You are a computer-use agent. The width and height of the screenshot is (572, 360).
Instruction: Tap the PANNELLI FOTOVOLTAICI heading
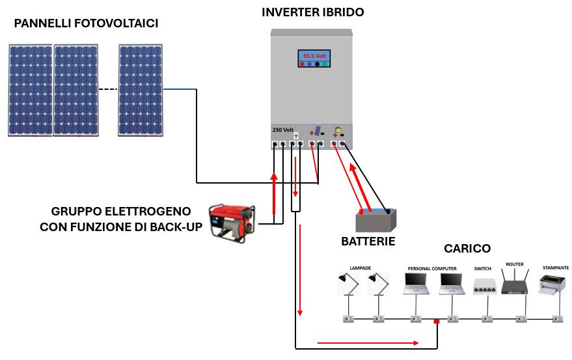87,24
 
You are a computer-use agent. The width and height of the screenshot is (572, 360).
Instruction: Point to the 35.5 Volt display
314,57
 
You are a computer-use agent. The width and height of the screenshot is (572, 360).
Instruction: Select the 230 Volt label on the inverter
283,130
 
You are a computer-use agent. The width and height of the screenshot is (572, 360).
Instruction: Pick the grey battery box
377,221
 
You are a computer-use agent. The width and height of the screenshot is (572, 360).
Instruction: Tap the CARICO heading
467,249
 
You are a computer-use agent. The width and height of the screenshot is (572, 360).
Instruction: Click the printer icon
554,284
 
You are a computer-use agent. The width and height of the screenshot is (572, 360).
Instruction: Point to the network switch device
485,286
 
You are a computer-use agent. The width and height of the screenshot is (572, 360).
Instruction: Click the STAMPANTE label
555,268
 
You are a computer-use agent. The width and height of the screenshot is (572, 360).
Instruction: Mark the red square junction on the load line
437,321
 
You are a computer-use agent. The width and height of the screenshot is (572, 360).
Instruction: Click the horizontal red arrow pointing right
367,342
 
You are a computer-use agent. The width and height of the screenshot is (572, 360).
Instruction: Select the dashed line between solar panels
108,89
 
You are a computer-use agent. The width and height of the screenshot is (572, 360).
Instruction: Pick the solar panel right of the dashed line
140,90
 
